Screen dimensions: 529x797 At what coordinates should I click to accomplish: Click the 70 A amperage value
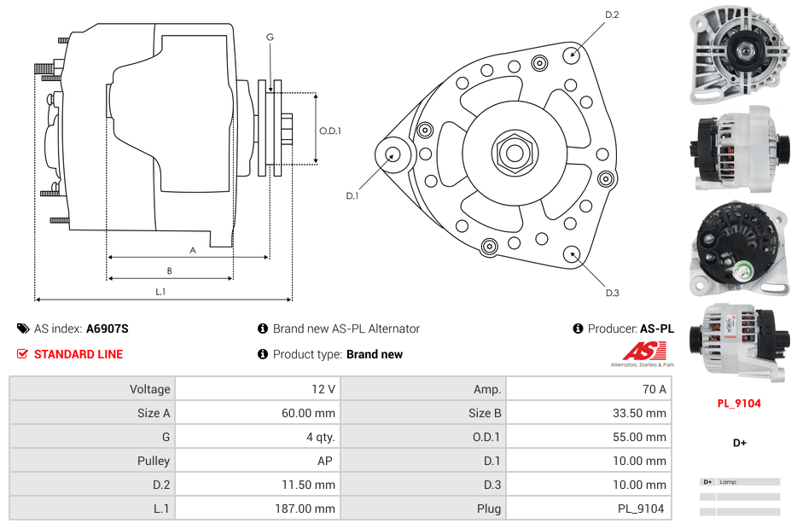tap(654, 389)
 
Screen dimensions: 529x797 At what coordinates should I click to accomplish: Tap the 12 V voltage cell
tap(323, 389)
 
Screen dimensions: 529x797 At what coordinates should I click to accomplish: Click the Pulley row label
tap(154, 461)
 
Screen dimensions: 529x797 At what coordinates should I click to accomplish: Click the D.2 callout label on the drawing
tap(612, 15)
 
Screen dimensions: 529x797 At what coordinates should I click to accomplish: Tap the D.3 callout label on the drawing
tap(612, 293)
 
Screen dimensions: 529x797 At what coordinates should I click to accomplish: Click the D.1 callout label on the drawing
tap(352, 195)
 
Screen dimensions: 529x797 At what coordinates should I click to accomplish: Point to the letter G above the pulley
tap(270, 38)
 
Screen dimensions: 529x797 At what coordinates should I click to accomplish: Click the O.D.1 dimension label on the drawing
tap(330, 131)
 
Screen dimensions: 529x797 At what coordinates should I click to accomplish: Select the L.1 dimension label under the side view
tap(160, 292)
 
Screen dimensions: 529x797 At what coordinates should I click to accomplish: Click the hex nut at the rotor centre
tap(513, 153)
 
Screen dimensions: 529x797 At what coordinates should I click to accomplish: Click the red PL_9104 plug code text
tap(738, 404)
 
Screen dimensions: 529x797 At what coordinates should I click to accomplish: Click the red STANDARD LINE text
tap(79, 354)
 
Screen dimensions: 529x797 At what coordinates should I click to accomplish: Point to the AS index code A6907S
tap(107, 328)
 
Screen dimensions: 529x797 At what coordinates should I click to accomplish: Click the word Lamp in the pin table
tap(728, 482)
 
